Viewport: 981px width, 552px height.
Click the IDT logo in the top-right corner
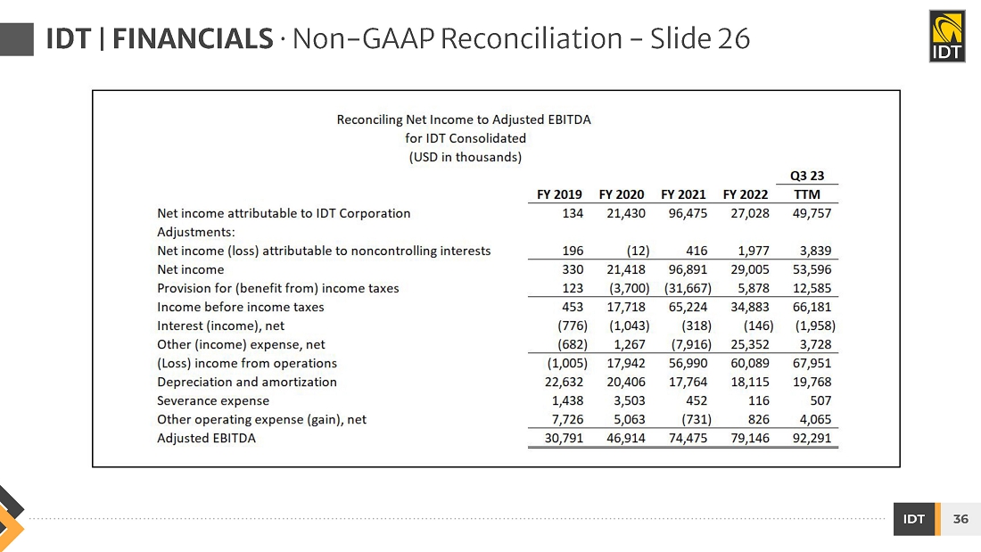click(x=946, y=37)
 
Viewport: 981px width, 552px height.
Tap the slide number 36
click(x=960, y=519)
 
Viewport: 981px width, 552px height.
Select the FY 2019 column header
click(x=559, y=194)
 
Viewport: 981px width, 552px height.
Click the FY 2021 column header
click(x=683, y=194)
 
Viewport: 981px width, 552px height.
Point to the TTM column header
click(x=807, y=194)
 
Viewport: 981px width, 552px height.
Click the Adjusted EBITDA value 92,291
click(x=812, y=438)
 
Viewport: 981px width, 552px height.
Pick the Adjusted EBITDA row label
click(x=206, y=438)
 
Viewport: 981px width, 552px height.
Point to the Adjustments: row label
click(x=195, y=232)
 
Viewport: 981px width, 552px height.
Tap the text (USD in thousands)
click(x=465, y=157)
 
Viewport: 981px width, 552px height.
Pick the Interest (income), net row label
click(x=220, y=325)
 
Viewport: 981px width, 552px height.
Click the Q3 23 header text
click(x=807, y=176)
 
